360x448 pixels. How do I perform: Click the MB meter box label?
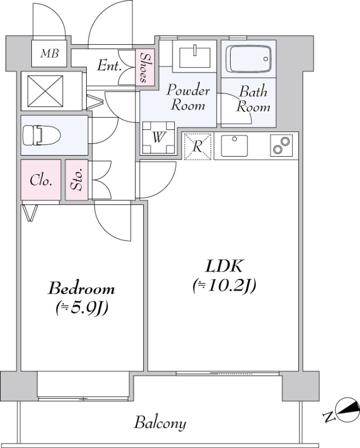pos(49,53)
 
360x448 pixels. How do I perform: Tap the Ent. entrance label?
pos(109,66)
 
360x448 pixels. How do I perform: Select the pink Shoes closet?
pos(145,67)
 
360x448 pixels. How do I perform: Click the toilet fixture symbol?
pos(41,135)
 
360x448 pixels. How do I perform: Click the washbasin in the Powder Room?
pos(195,56)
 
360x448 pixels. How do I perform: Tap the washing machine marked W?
pos(158,137)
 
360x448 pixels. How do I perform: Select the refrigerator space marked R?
pos(198,146)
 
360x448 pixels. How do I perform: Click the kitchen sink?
pos(234,146)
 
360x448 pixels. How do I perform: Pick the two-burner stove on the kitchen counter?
pos(282,146)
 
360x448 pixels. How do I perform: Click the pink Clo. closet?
pos(41,180)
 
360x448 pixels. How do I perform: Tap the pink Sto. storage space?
pos(77,180)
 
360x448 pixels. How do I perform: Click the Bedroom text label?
pos(81,288)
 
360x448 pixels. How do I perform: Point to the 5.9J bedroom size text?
pos(82,307)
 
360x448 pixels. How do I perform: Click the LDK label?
pos(224,266)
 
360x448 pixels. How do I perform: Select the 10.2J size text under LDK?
pos(224,285)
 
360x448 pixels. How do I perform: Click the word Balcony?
pos(160,423)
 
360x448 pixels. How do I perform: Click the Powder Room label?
pos(188,97)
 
